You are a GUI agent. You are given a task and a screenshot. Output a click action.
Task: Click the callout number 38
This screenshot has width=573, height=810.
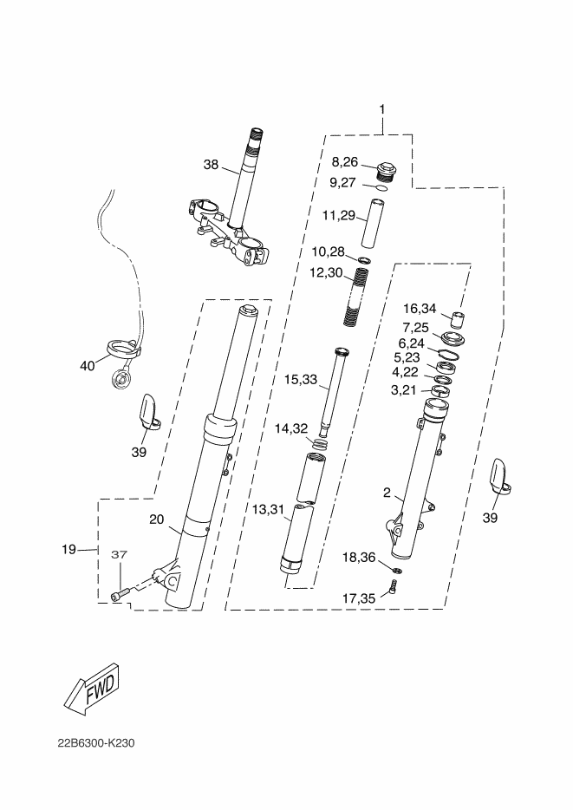(212, 165)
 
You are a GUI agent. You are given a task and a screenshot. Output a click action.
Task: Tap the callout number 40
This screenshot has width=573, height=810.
(87, 366)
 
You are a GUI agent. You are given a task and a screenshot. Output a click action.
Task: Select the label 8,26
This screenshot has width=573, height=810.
(344, 161)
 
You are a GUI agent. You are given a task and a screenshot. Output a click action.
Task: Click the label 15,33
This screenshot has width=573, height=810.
(301, 379)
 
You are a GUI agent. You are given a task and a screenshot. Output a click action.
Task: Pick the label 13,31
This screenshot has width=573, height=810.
(269, 510)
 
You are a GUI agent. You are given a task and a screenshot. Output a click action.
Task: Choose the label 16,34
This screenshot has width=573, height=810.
(420, 308)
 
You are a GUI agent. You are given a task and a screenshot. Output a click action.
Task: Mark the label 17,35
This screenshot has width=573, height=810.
(358, 597)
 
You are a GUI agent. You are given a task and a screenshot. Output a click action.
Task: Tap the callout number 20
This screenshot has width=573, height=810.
(156, 519)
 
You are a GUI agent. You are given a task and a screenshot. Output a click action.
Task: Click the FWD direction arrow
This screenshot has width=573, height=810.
(90, 689)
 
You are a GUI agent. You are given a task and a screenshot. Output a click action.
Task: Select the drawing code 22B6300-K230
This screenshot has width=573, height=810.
(97, 743)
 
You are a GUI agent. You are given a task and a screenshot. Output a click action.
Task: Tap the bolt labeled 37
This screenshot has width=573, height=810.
(121, 592)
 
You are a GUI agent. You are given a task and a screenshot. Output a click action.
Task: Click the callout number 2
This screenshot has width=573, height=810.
(387, 493)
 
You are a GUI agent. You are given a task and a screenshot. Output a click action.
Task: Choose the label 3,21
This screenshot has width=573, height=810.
(405, 390)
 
